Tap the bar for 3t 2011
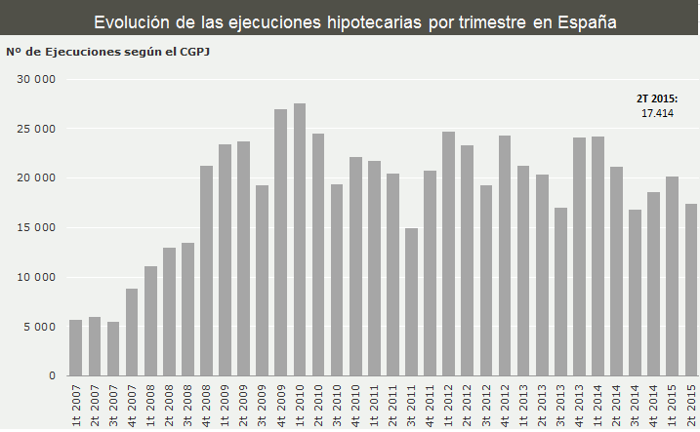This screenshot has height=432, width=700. [412, 302]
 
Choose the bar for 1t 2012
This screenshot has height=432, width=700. [449, 254]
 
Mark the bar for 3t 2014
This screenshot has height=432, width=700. [636, 293]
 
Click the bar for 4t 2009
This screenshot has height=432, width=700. [281, 243]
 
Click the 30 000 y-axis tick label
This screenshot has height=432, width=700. [37, 79]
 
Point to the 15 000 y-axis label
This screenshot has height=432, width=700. [37, 228]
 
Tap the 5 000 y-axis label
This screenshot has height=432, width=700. [40, 327]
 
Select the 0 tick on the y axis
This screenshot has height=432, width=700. [52, 376]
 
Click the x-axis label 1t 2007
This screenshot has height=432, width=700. [76, 405]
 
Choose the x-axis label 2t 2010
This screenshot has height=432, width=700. [318, 405]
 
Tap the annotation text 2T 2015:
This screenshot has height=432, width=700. [657, 98]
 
